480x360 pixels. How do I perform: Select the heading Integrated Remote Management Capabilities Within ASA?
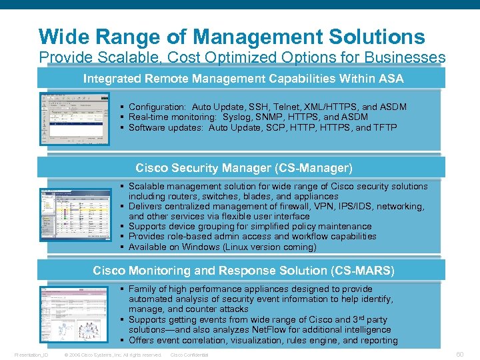[243, 79]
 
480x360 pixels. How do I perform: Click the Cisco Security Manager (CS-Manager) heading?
[244, 168]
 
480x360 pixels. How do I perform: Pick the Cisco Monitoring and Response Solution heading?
[243, 271]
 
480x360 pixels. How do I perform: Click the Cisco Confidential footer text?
[189, 355]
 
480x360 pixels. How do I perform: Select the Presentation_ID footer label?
[32, 355]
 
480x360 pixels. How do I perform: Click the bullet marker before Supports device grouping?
[123, 227]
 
